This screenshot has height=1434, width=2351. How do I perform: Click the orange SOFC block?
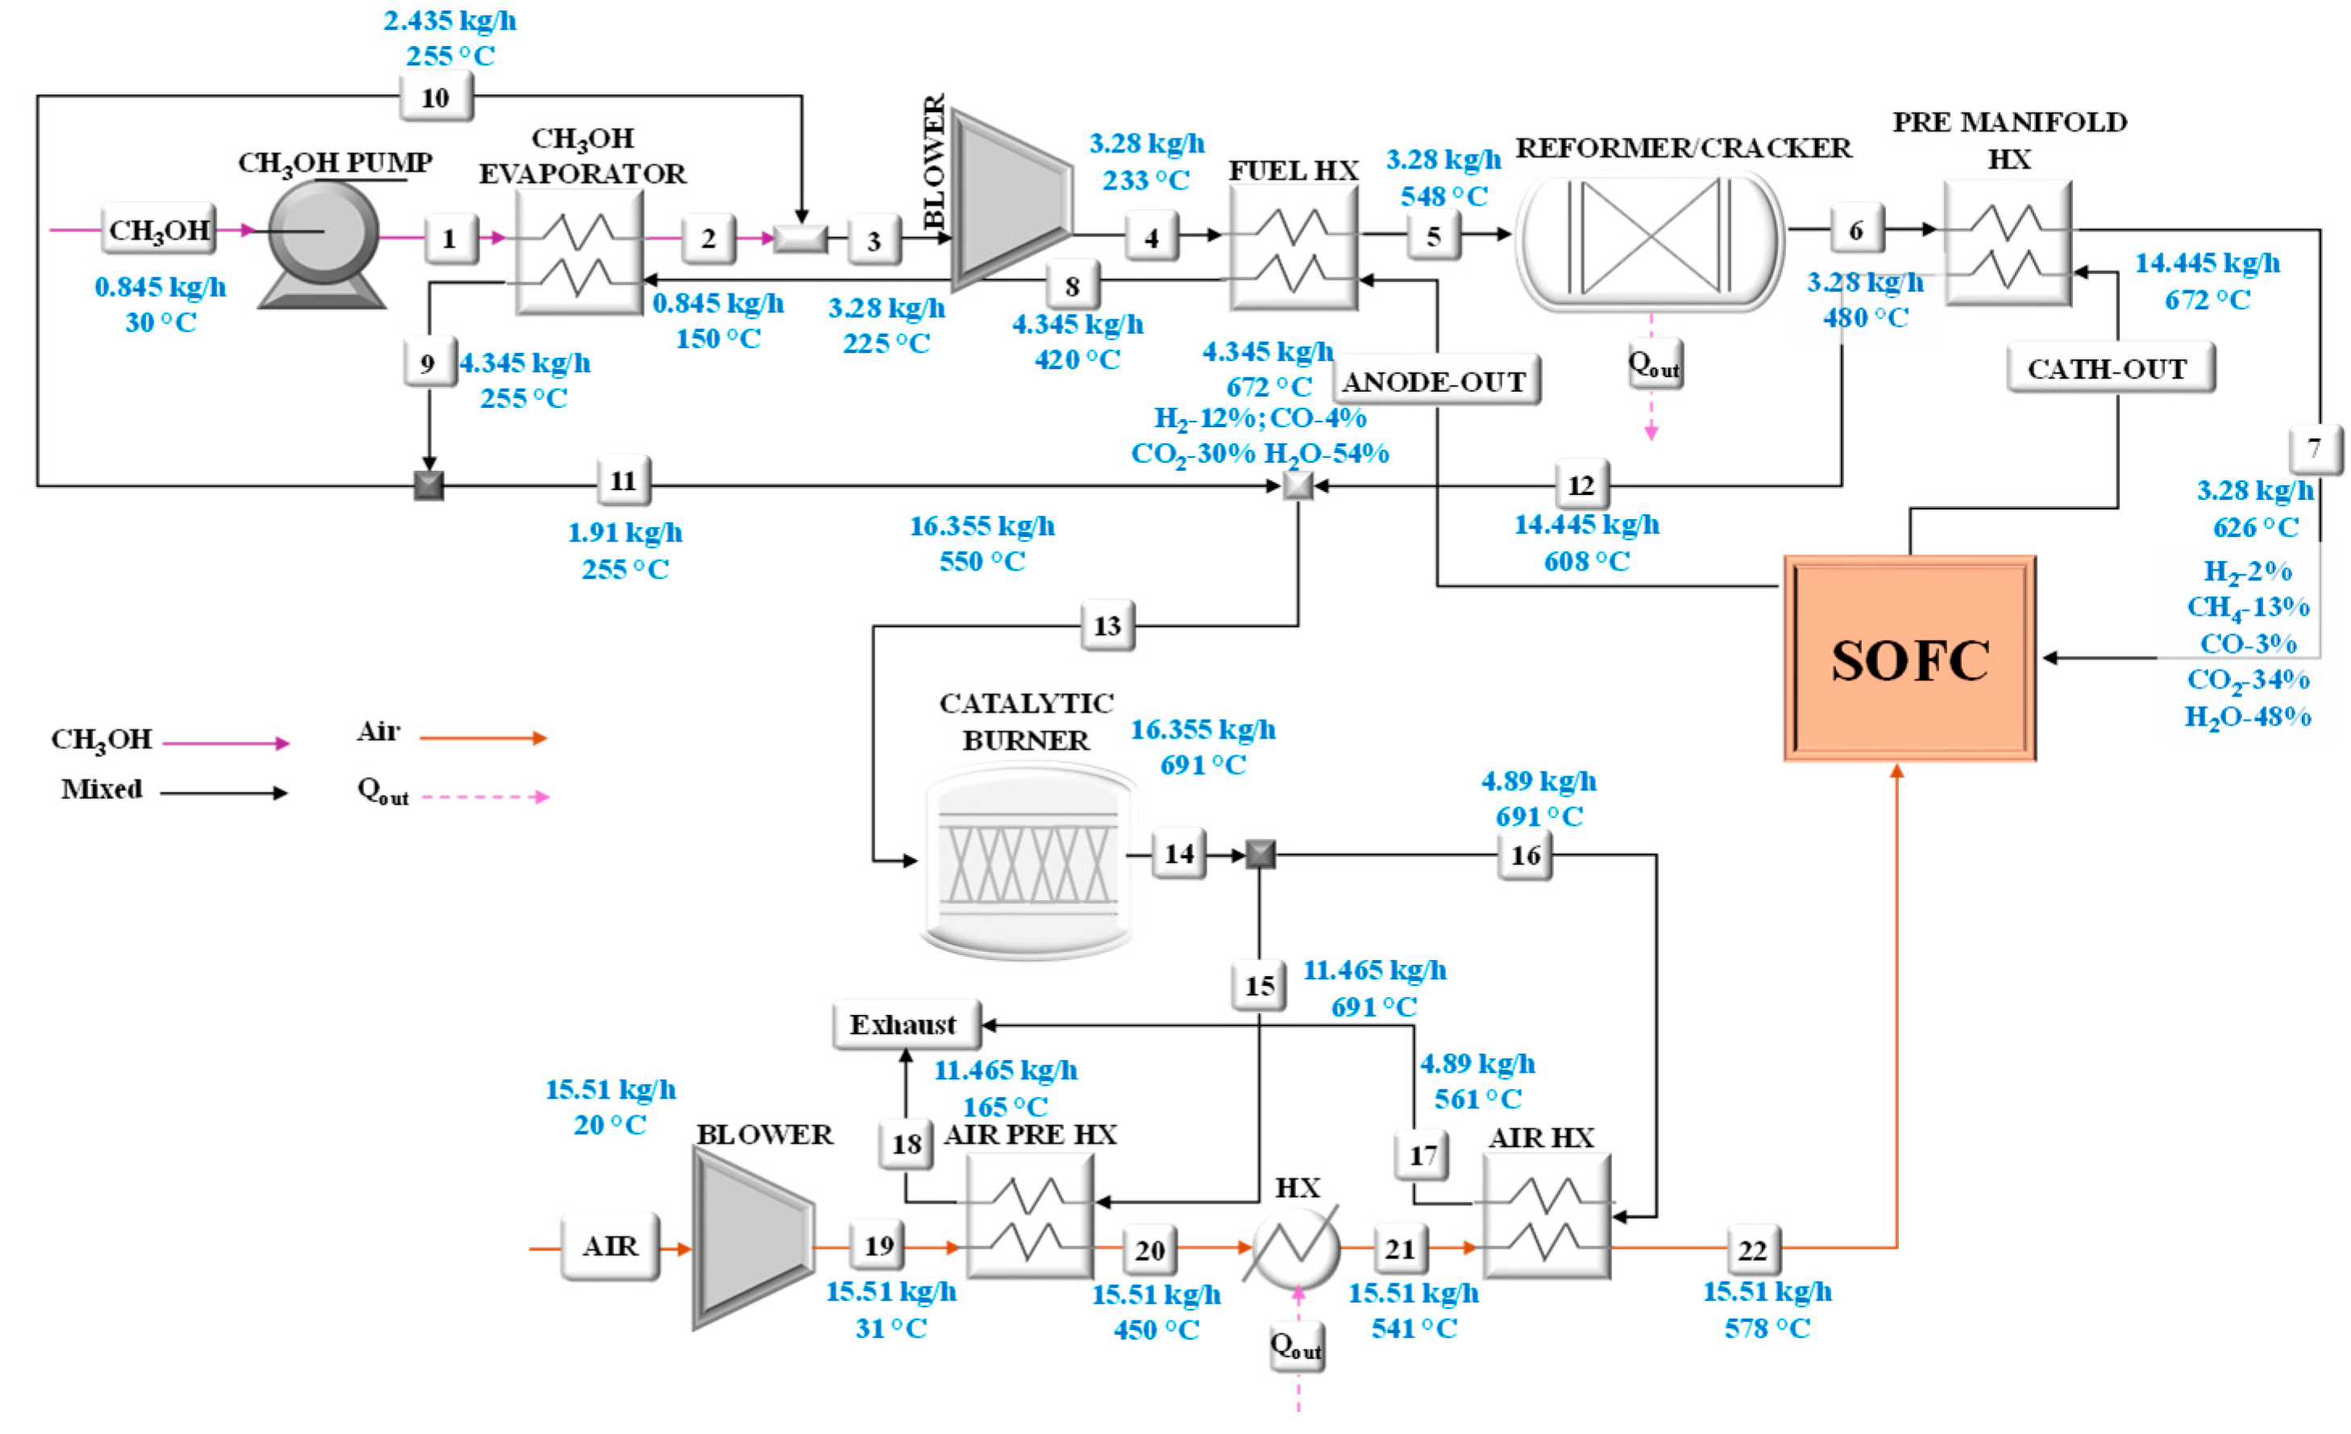1909,659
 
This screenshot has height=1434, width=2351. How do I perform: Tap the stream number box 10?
435,98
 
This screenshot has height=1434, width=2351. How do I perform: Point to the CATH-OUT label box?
2108,369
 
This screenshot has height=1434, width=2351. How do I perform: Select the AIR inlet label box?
609,1246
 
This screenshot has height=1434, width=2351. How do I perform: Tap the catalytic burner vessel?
1028,862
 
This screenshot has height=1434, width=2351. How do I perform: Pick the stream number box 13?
1107,626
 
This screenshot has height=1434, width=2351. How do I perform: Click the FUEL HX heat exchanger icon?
1293,248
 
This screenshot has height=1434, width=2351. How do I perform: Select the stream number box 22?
1753,1250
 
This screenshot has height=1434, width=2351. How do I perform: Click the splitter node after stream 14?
1260,854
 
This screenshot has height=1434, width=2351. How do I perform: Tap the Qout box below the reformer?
1654,364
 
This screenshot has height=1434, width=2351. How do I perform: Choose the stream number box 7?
2314,447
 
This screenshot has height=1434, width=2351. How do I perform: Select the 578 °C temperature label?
1767,1328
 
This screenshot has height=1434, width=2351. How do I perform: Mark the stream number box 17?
1422,1154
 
